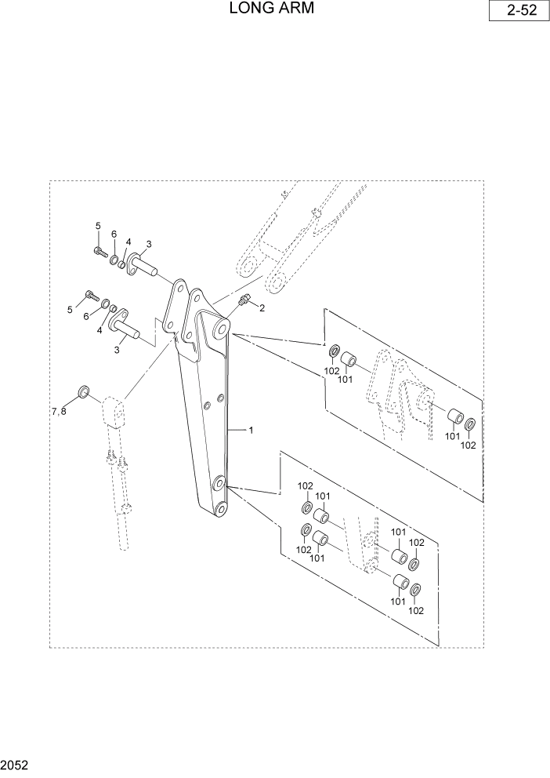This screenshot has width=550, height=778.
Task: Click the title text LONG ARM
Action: pyautogui.click(x=274, y=9)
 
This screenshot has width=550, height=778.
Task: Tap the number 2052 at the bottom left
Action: pyautogui.click(x=16, y=763)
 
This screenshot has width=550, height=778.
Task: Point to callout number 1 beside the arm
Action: pyautogui.click(x=251, y=430)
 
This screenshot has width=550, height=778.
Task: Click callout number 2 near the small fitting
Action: pyautogui.click(x=262, y=308)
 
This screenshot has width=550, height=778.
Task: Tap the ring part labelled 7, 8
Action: pyautogui.click(x=83, y=391)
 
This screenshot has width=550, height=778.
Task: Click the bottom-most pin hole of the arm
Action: pyautogui.click(x=221, y=511)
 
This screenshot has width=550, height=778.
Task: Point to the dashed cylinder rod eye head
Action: pyautogui.click(x=114, y=411)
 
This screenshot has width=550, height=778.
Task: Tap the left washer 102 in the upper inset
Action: pyautogui.click(x=333, y=350)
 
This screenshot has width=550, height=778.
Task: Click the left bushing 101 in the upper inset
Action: pyautogui.click(x=351, y=362)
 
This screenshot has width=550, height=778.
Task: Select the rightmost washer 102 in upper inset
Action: pyautogui.click(x=470, y=426)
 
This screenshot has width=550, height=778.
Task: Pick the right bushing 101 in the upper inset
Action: pyautogui.click(x=454, y=416)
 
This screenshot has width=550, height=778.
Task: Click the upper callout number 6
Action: pyautogui.click(x=113, y=234)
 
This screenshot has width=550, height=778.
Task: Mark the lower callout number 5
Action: pyautogui.click(x=70, y=311)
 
